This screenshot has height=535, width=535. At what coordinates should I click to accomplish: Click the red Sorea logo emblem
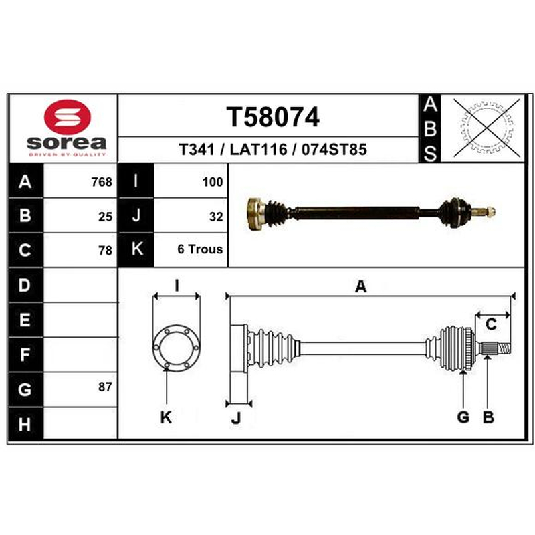pyautogui.click(x=68, y=116)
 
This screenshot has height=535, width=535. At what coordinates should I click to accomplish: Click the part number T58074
pyautogui.click(x=273, y=117)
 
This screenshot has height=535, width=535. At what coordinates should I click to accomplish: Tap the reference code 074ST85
pyautogui.click(x=334, y=149)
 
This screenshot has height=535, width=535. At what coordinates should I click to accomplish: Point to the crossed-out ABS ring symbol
pyautogui.click(x=487, y=128)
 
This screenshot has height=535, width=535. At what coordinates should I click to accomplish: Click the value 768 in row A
pyautogui.click(x=102, y=182)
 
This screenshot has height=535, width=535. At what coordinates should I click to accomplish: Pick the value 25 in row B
pyautogui.click(x=105, y=217)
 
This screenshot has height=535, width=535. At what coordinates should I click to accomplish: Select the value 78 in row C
pyautogui.click(x=105, y=251)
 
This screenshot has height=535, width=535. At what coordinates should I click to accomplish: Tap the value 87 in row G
pyautogui.click(x=105, y=387)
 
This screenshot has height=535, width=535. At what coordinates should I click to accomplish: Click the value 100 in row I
pyautogui.click(x=213, y=182)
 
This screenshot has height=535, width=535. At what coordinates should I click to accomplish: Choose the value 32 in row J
pyautogui.click(x=216, y=217)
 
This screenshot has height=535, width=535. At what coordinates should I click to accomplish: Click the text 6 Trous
pyautogui.click(x=200, y=249)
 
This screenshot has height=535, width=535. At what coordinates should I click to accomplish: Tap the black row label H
pyautogui.click(x=25, y=424)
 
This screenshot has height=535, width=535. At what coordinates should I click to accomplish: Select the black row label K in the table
pyautogui.click(x=136, y=249)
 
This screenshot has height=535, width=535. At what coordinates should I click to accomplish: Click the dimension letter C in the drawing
pyautogui.click(x=491, y=324)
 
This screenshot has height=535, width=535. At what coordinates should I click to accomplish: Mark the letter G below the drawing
pyautogui.click(x=463, y=417)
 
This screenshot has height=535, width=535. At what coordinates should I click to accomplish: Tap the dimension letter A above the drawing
pyautogui.click(x=360, y=286)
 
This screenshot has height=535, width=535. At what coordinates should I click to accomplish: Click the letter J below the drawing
pyautogui.click(x=236, y=417)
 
